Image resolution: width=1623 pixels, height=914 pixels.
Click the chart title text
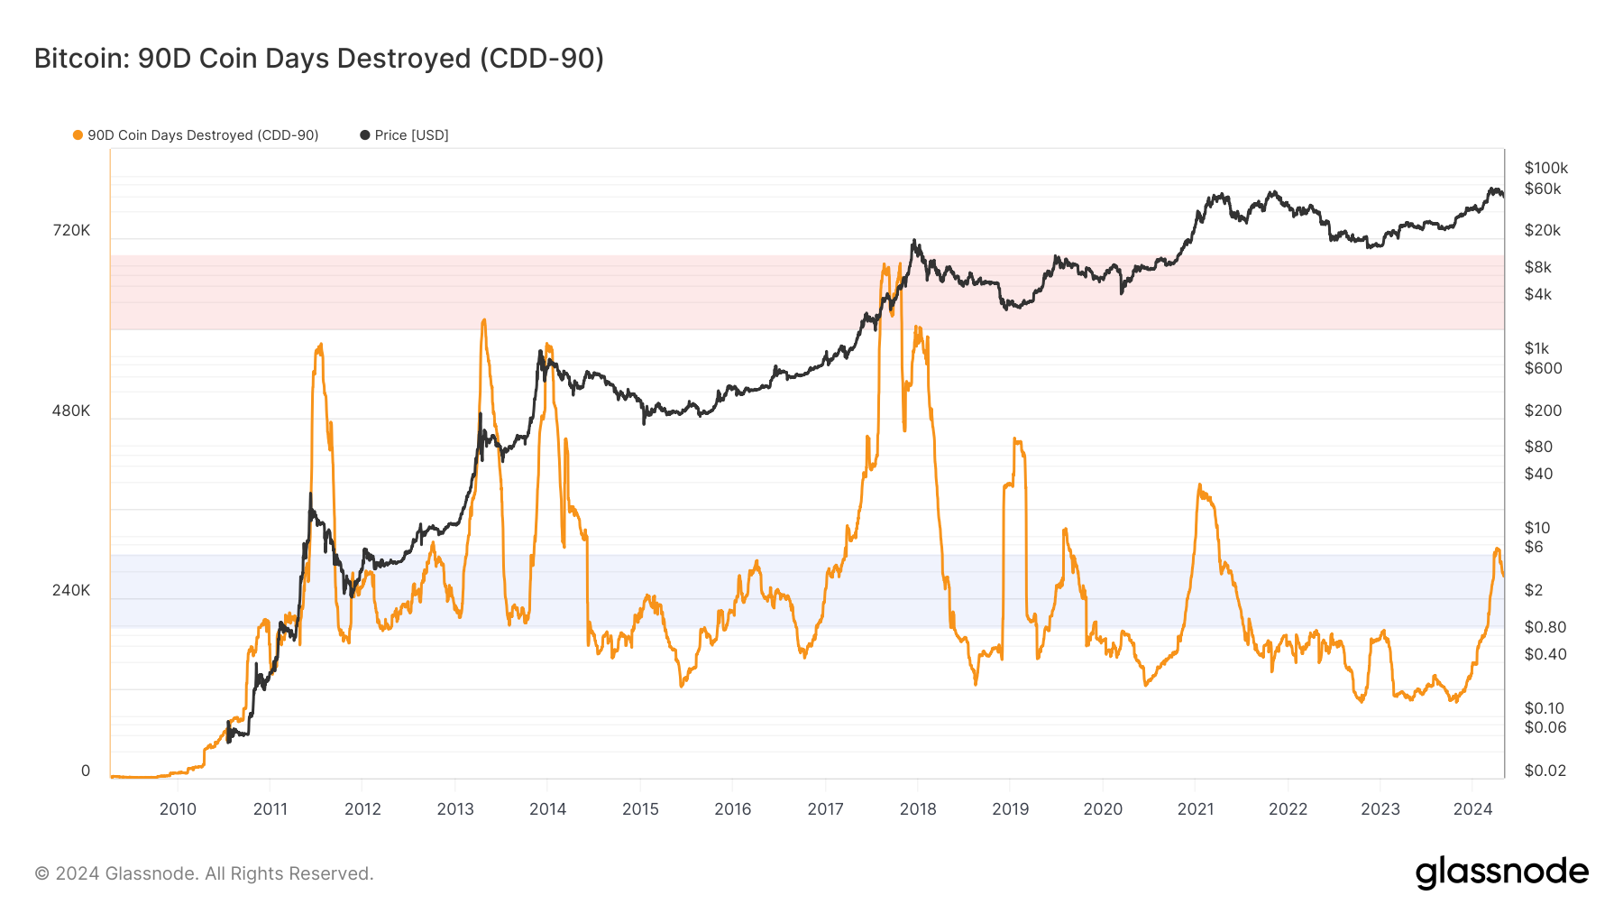(x=319, y=59)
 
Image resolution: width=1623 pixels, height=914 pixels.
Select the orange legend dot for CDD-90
(x=78, y=135)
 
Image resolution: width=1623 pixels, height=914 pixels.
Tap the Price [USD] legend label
(x=411, y=135)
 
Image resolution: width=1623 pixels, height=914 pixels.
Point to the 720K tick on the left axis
(x=71, y=230)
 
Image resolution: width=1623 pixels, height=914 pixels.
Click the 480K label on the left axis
(x=71, y=411)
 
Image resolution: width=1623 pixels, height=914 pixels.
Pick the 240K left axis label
(x=71, y=590)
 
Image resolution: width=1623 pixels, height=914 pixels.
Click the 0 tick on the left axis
(x=86, y=771)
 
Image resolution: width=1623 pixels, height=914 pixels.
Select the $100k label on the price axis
(x=1545, y=168)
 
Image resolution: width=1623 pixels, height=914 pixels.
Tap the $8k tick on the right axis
(x=1537, y=267)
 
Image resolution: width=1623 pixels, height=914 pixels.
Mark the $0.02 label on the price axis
(x=1545, y=771)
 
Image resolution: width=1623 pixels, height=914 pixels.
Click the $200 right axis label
(x=1543, y=411)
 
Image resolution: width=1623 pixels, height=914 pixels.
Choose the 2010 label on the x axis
(x=178, y=809)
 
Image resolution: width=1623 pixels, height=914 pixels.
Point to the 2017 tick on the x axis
(x=825, y=809)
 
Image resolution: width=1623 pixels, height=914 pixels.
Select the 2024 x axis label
(x=1472, y=809)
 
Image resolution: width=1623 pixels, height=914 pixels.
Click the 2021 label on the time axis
(x=1196, y=809)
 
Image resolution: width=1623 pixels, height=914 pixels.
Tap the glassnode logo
(x=1501, y=872)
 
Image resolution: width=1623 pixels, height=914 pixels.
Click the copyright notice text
(x=204, y=873)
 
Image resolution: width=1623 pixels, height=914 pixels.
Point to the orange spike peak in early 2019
(x=1015, y=439)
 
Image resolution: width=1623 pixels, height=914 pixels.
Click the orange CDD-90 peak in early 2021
(x=1199, y=485)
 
